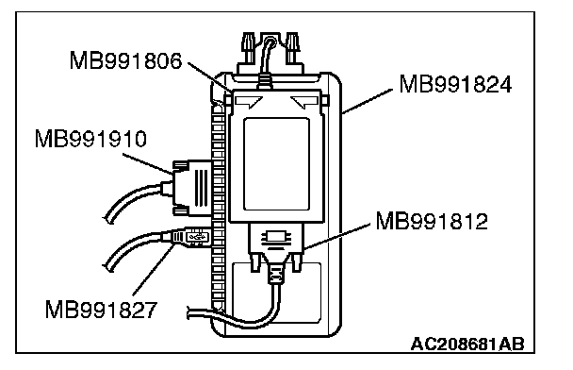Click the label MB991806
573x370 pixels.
tap(125, 60)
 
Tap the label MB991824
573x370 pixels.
tap(455, 85)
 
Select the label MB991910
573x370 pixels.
tap(90, 139)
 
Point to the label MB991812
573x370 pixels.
tap(432, 221)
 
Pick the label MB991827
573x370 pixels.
tap(101, 310)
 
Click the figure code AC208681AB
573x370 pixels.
tap(467, 344)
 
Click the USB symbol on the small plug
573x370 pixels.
tap(197, 237)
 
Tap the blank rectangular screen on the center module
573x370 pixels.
tap(276, 164)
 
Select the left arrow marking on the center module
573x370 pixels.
tap(248, 102)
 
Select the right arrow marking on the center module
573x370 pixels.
tap(304, 102)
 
